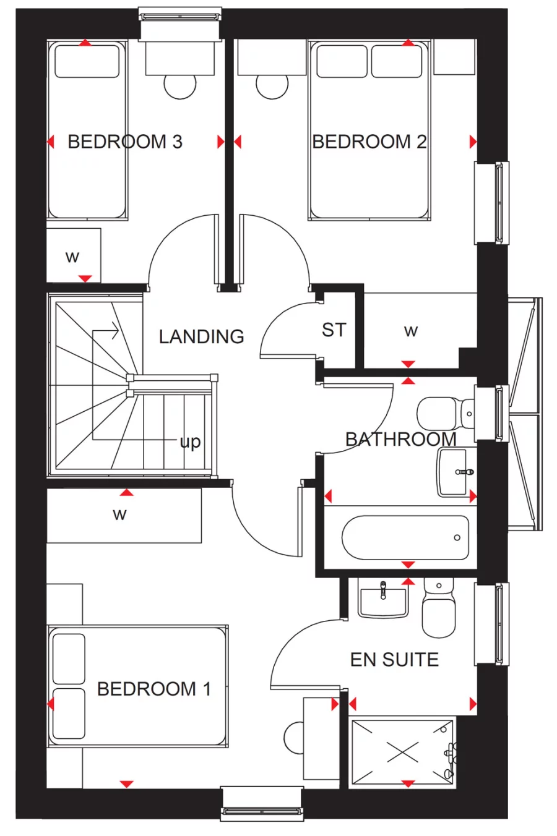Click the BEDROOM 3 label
coord(125,142)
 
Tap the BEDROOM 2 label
coord(369,142)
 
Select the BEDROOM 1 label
coord(153,688)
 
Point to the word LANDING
coord(201,336)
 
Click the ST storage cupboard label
coord(334,330)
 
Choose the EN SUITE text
coord(394,660)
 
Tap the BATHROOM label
coord(400,439)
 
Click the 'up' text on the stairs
coord(190,442)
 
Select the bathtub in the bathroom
coord(405,537)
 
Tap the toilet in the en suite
coord(438,609)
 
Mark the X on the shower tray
coord(402,753)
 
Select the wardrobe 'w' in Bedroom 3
coord(73,257)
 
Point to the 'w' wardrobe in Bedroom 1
coord(119,514)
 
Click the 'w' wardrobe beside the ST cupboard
coord(410,331)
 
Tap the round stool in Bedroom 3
coord(179,87)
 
